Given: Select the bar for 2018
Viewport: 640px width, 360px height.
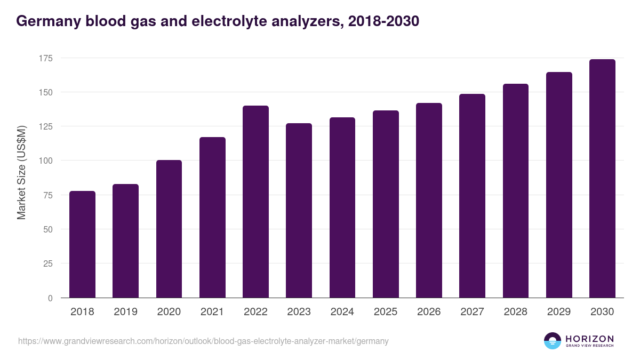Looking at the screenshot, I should pos(82,244).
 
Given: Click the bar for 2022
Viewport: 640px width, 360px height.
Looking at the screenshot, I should pos(255,202).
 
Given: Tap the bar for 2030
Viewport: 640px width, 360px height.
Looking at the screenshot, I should pos(602,179).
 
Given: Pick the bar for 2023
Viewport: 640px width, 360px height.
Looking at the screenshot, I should pos(299,211).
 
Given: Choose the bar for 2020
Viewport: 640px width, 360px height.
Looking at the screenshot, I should pos(169,229).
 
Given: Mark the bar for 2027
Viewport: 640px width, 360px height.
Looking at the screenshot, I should pos(472,196).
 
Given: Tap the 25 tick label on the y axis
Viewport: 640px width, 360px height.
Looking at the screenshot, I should pos(48,263).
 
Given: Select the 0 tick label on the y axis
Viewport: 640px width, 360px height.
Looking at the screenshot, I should pos(50,298).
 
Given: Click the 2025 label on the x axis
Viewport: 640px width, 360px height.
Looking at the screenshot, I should pos(385,312).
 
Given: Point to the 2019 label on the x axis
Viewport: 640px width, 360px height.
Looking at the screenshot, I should pos(125,312).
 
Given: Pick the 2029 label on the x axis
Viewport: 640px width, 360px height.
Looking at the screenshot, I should pos(558,312).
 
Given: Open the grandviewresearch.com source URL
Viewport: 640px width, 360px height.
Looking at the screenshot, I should pos(203,341).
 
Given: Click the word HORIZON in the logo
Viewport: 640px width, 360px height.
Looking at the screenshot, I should pos(589,339).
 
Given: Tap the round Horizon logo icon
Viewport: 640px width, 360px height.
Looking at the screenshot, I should pos(553,341).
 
